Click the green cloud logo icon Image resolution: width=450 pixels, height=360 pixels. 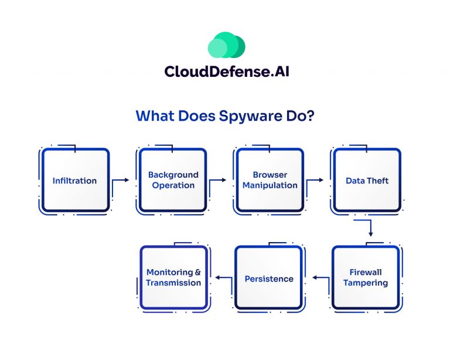click(226, 45)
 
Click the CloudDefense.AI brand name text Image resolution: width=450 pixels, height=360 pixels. click(227, 72)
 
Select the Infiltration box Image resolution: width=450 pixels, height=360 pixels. click(75, 180)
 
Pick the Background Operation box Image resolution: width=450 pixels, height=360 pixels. click(173, 180)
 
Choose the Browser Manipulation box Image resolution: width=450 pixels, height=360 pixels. click(270, 180)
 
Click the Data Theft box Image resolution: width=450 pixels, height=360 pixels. click(367, 180)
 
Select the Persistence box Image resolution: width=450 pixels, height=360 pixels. click(269, 278)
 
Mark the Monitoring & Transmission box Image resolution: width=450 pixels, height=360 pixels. click(173, 277)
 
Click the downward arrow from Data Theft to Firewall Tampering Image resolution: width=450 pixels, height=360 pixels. click(370, 228)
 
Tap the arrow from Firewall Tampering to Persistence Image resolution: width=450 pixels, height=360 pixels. click(321, 278)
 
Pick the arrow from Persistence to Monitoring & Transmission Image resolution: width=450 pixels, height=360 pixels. click(224, 278)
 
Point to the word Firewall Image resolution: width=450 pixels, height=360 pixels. click(366, 272)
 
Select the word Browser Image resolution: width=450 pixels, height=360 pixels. click(270, 175)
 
